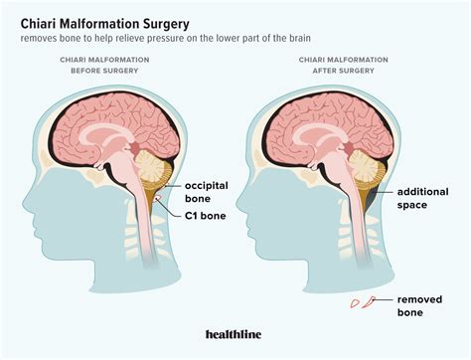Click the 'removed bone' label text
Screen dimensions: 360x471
425,304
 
